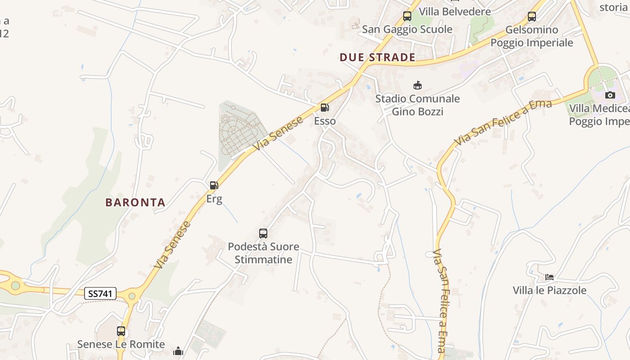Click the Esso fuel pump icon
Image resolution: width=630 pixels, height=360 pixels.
pos(324,108)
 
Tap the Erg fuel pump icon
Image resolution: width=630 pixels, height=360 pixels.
pos(214,185)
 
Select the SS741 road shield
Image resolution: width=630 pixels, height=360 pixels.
pos(100,294)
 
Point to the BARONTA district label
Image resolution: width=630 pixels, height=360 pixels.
pos(135,202)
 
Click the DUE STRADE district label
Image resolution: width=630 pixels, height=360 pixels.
pos(377,57)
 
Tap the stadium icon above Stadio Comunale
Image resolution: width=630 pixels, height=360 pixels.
pos(418,85)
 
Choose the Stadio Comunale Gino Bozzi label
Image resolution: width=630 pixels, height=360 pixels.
pos(418,105)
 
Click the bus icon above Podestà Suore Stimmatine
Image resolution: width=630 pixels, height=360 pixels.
pos(263,234)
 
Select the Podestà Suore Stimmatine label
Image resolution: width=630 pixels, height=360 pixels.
pos(263,253)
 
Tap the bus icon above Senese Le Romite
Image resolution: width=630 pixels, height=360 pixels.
pos(121,331)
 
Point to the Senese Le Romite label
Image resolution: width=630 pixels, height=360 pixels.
pos(121,344)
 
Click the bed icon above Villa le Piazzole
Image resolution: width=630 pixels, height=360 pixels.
pos(549,277)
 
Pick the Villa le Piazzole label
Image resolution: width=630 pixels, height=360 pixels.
pos(549,290)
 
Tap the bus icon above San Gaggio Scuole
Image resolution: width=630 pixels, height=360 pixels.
pos(407,16)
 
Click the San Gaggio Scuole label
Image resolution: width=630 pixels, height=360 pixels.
pos(407,29)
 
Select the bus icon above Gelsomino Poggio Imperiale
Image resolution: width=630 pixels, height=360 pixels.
pos(532,17)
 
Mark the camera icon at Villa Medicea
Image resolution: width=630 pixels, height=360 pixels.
pos(610,95)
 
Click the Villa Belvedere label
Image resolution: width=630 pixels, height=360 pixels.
pos(454,11)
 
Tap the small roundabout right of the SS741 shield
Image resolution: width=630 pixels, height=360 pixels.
pos(132,296)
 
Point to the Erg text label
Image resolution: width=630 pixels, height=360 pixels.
pos(214,198)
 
